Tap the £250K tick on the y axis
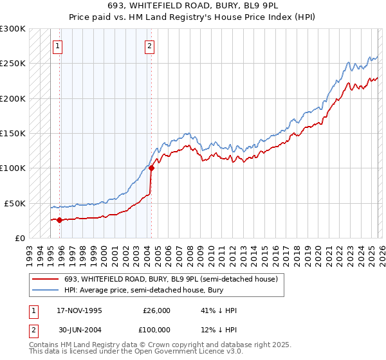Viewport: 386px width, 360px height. pos(13,64)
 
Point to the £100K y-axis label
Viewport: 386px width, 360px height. pos(13,168)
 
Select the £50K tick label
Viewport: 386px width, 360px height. pos(15,203)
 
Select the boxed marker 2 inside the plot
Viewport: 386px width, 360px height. pos(150,46)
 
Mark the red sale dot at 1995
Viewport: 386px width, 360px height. pos(59,220)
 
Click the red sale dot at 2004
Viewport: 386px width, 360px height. pos(151,168)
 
